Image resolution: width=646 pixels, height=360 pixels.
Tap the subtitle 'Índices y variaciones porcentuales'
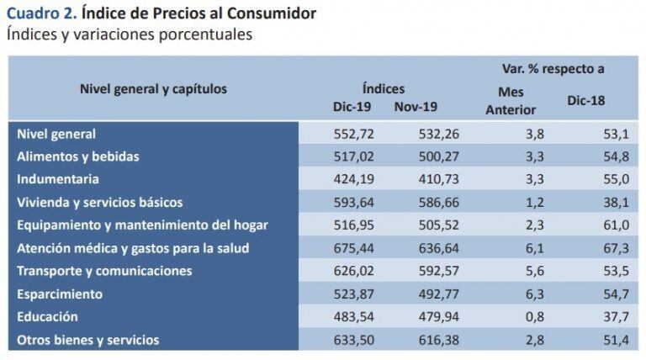pos(129,34)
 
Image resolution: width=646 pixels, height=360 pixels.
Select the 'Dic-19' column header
pos(352,106)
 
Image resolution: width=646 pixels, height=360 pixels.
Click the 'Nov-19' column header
pos(415,106)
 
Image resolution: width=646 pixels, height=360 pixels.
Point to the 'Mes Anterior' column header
pos(511,100)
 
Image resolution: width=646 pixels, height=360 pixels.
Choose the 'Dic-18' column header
pos(587,100)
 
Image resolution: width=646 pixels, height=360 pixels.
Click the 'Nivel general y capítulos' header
pos(153,88)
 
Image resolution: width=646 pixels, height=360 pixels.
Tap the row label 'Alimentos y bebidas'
pos(78,156)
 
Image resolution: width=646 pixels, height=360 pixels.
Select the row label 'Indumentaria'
pos(58,179)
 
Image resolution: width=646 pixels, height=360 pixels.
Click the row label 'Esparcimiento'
pos(60,294)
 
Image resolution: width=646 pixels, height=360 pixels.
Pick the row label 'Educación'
pos(48,317)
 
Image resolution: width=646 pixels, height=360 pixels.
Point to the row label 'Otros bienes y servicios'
pos(88,340)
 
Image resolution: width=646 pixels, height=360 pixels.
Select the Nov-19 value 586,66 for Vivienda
pos(437,203)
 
